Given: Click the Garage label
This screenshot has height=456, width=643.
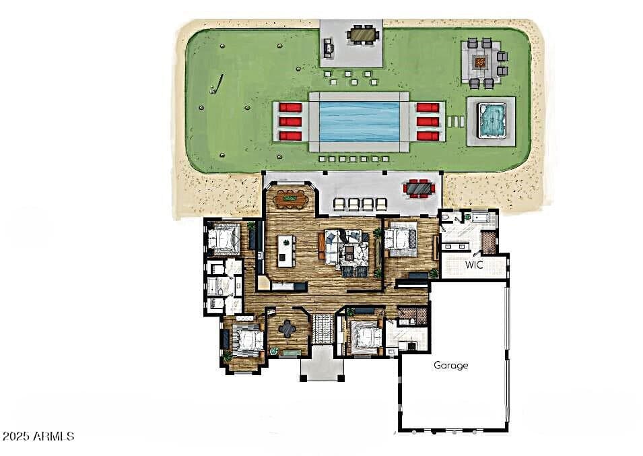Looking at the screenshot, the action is click(450, 365).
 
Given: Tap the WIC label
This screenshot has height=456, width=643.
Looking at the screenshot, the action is click(473, 265).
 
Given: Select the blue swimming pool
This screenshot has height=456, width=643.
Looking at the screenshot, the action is click(360, 122).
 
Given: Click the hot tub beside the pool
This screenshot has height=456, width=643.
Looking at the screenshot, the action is click(492, 121).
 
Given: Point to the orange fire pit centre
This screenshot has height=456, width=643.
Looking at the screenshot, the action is click(480, 63).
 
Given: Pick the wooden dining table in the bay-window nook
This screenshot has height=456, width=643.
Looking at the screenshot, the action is click(291, 199).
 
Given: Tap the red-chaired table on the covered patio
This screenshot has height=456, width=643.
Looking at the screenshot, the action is click(419, 188).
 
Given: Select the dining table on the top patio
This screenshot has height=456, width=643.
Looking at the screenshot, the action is click(362, 35).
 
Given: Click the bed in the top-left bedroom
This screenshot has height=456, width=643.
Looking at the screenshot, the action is click(223, 238).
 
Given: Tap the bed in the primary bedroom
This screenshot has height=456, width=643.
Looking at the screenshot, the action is click(399, 238).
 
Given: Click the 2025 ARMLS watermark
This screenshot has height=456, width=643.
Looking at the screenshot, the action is click(38, 436).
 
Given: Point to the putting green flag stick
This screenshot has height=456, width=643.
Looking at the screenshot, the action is click(217, 84).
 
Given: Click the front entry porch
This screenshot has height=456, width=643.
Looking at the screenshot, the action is click(323, 364).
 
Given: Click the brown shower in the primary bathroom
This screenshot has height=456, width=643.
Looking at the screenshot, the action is click(489, 242).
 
